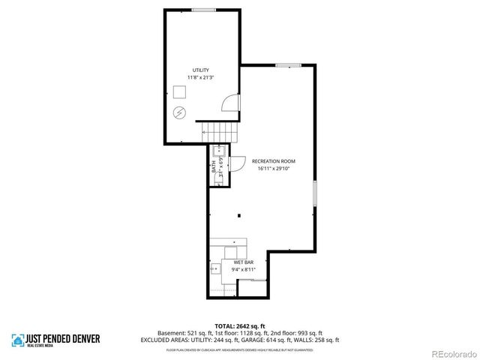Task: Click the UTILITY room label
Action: coord(200,70)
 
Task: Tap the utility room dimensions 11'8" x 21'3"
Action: coord(200,77)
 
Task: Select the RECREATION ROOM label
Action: coord(274,161)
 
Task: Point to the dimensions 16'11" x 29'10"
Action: coord(274,169)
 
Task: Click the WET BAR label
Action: coord(243,262)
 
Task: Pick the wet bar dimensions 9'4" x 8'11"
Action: coord(243,269)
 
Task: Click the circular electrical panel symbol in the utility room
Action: coord(180,113)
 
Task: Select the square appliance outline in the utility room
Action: coord(180,91)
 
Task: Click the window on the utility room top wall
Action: coord(203,9)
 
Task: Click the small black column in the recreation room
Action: coord(238,217)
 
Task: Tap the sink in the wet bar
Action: coord(215,266)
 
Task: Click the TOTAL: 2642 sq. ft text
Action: coord(240,325)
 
